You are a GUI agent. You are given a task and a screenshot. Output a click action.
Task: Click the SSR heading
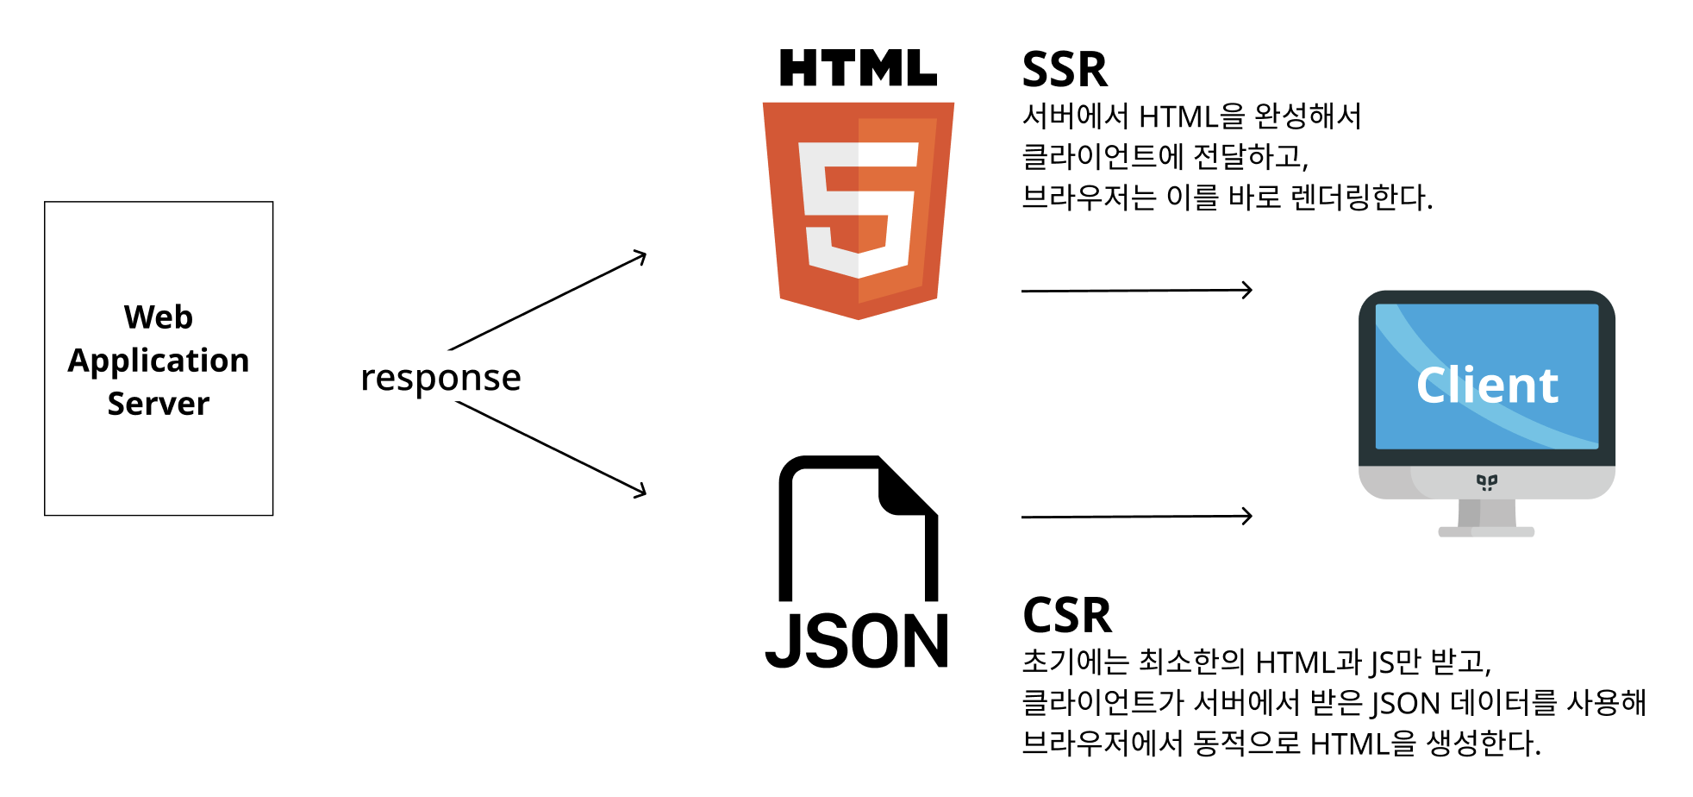pyautogui.click(x=1065, y=70)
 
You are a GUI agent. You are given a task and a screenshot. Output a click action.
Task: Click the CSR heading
pyautogui.click(x=1067, y=616)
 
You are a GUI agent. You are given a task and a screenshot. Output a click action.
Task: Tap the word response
pyautogui.click(x=440, y=378)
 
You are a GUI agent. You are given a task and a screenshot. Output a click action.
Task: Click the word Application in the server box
pyautogui.click(x=159, y=361)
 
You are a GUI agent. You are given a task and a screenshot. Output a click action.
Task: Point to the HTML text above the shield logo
pyautogui.click(x=858, y=68)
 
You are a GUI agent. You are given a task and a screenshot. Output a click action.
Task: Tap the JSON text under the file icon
pyautogui.click(x=857, y=642)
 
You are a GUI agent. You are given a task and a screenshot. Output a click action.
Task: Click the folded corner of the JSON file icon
pyautogui.click(x=905, y=487)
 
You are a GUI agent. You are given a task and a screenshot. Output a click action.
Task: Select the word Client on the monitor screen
pyautogui.click(x=1487, y=385)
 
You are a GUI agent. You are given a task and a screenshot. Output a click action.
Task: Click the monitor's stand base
pyautogui.click(x=1486, y=531)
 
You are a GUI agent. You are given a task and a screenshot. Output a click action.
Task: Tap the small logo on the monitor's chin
pyautogui.click(x=1487, y=481)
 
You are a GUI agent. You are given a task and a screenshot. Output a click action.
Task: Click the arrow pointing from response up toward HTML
pyautogui.click(x=548, y=300)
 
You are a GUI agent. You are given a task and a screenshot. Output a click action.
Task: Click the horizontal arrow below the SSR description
pyautogui.click(x=1136, y=291)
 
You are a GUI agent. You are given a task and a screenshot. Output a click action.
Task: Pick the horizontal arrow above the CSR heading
pyautogui.click(x=1136, y=517)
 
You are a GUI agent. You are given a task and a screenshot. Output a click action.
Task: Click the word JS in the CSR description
pyautogui.click(x=1382, y=662)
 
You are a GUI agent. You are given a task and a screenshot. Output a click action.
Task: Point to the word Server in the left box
pyautogui.click(x=159, y=404)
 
